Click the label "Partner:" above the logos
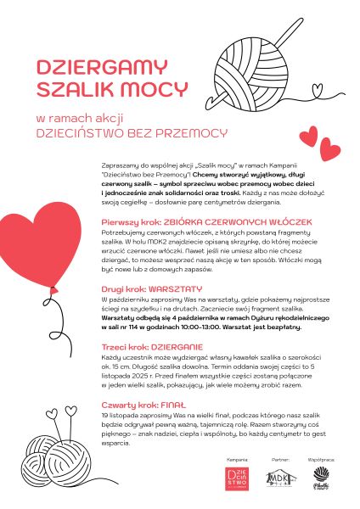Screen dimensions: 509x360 click(x=281, y=459)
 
